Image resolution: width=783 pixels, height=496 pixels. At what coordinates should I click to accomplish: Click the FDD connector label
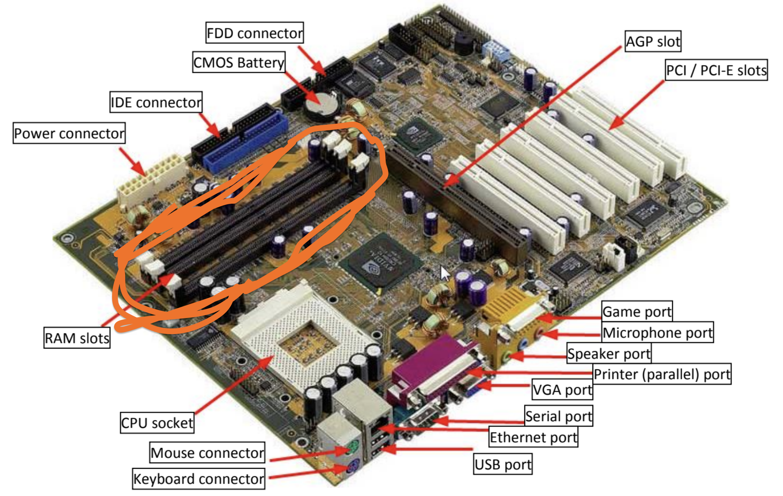point(254,33)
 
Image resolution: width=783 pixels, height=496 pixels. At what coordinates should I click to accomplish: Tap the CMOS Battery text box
point(239,62)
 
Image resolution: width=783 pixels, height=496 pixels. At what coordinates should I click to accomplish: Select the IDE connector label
point(156,102)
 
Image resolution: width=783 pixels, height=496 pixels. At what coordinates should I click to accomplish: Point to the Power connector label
point(69,133)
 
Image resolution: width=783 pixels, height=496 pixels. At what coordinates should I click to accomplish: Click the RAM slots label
point(77,338)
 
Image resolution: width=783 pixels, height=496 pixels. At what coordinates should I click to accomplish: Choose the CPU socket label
point(157,423)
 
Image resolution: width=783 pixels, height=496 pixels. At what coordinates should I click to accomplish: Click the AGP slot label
point(653,41)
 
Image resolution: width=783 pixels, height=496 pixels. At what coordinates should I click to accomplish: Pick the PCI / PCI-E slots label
point(716,70)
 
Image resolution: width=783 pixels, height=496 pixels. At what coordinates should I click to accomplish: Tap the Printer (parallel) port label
point(662,374)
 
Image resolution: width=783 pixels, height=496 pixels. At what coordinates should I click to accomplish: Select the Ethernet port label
point(533,437)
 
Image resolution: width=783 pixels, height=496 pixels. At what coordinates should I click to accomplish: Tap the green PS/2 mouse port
point(353,447)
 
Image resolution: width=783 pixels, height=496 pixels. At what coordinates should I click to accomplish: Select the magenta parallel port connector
point(431,369)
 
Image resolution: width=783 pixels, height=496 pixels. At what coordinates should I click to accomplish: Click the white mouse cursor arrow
point(445,273)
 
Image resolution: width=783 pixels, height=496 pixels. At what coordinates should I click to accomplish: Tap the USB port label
point(503,464)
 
